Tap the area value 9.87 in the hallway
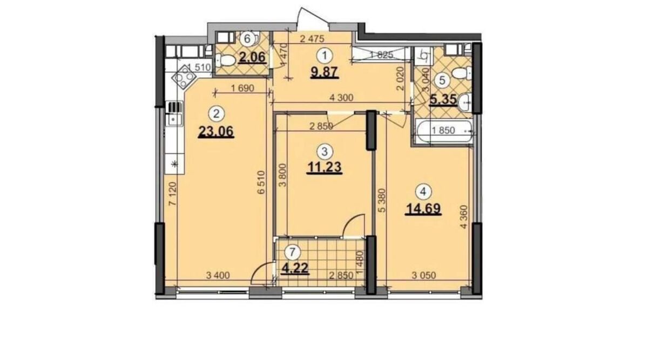[325, 72]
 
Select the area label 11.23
[325, 167]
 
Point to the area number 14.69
[423, 208]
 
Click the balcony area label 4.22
[295, 268]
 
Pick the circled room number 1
[325, 55]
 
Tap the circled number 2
[216, 114]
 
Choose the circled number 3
[325, 151]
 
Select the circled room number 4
[423, 192]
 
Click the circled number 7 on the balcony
[292, 253]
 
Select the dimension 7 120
[172, 194]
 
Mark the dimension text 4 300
[341, 98]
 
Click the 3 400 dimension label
[218, 275]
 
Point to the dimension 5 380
[382, 201]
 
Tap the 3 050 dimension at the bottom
[424, 275]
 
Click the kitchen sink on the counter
[174, 119]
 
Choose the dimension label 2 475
[313, 39]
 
